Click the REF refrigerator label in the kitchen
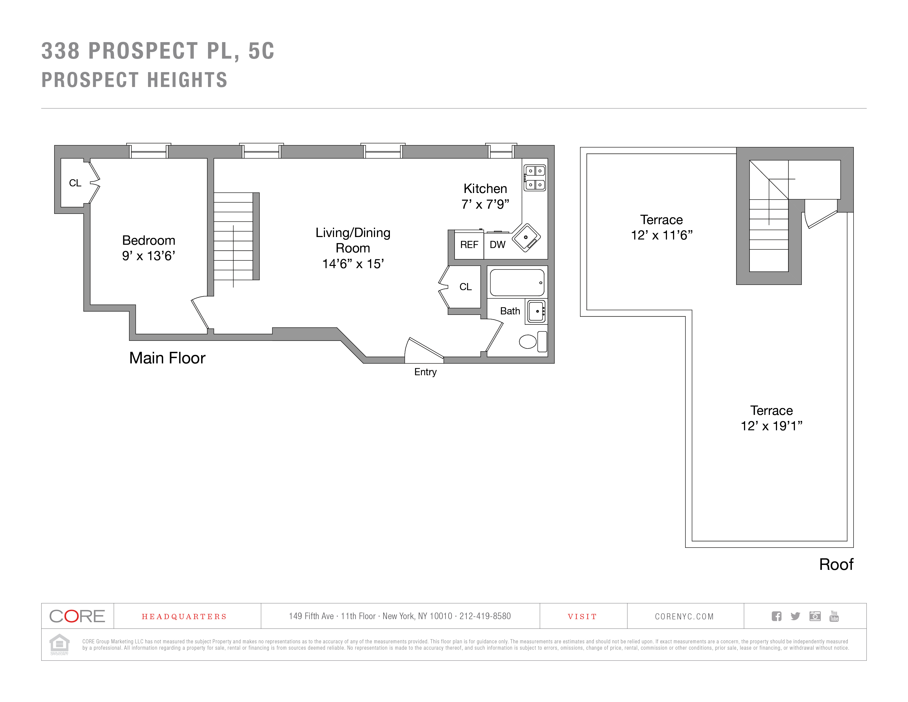(x=469, y=245)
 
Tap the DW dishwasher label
(x=497, y=245)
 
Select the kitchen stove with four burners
(x=535, y=178)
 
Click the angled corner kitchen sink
(x=526, y=238)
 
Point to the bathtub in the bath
(x=517, y=282)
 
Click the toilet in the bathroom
(x=533, y=341)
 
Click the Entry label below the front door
(x=425, y=372)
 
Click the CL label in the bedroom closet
(x=75, y=183)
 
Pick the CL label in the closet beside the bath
(x=466, y=287)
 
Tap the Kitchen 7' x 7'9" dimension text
(x=485, y=196)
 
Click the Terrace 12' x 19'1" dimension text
(x=772, y=418)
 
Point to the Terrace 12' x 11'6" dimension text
(x=661, y=227)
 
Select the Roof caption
(x=836, y=564)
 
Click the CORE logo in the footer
(x=77, y=616)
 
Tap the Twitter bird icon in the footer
(x=795, y=616)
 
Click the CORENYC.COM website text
(x=684, y=616)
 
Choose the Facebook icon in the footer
(x=776, y=616)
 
